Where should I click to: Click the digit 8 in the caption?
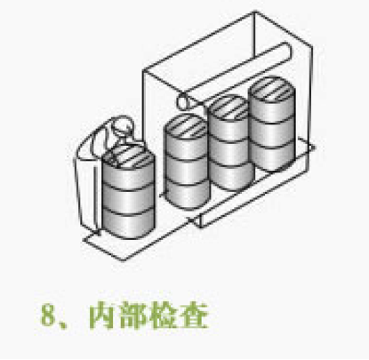click(x=48, y=315)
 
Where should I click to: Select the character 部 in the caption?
click(x=133, y=316)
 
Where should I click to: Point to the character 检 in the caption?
click(x=164, y=316)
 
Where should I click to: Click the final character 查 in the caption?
click(x=195, y=316)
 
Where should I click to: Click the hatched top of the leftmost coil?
click(x=128, y=157)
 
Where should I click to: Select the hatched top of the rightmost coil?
click(x=272, y=89)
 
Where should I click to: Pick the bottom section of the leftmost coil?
click(x=128, y=222)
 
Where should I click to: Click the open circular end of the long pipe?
click(x=183, y=101)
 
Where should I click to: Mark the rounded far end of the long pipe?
click(x=287, y=51)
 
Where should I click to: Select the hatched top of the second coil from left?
click(x=186, y=126)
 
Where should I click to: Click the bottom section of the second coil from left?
click(x=187, y=193)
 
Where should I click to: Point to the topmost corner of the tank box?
click(x=254, y=12)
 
